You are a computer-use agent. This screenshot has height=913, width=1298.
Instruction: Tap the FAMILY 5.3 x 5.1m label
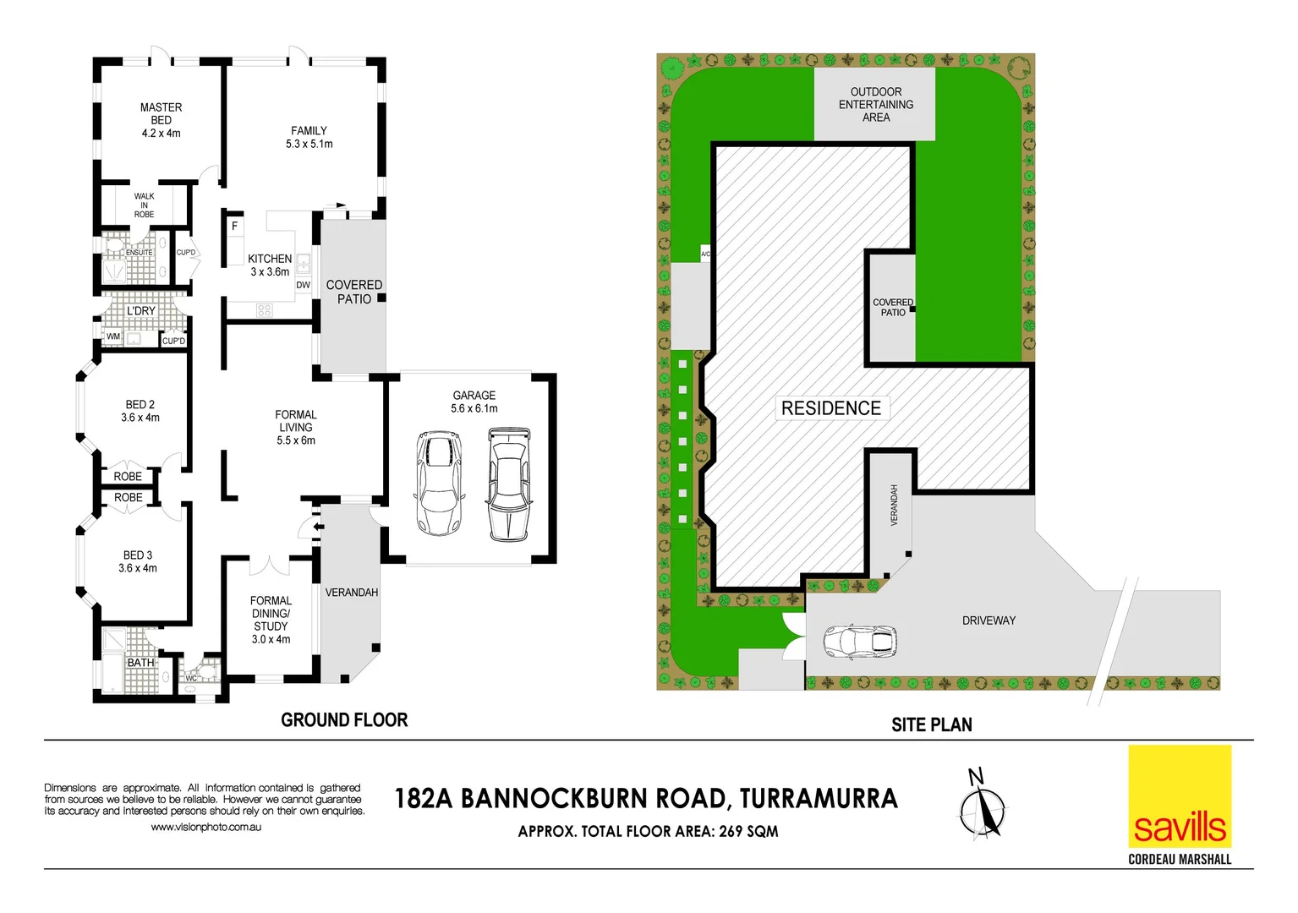coord(309,138)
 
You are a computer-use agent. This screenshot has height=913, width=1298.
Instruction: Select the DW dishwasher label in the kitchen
coord(303,285)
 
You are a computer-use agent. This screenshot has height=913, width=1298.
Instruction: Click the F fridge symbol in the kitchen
coord(235,227)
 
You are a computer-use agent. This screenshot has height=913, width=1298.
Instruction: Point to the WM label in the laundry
coord(113,336)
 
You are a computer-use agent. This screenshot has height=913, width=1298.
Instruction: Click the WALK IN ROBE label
coord(144,205)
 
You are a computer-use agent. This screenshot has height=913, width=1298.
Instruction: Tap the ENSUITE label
coord(140,253)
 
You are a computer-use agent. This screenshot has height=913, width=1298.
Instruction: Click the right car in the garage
coord(509,484)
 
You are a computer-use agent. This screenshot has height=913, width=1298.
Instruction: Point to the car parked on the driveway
coord(859,642)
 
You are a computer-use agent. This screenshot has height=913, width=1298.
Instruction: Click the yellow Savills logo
coord(1180,796)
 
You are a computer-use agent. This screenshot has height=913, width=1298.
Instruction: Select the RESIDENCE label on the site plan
coord(830,408)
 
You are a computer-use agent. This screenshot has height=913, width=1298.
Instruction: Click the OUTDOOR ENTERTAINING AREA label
coord(875,105)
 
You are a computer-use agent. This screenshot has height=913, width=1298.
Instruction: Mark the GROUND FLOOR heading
coord(344,720)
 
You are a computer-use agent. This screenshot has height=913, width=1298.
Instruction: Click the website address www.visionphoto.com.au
coord(205,827)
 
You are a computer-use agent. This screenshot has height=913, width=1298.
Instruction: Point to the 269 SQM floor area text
coord(748,832)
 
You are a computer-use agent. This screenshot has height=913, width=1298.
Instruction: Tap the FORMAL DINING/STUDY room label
coord(271,620)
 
